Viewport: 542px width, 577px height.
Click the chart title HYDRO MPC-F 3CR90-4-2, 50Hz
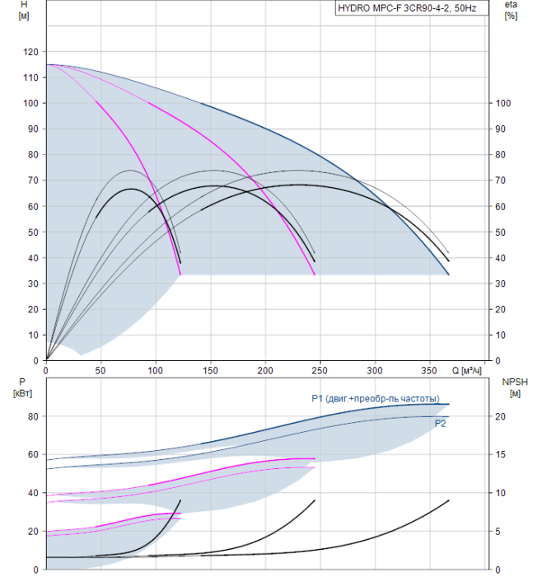407,8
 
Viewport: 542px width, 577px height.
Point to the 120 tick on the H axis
30,52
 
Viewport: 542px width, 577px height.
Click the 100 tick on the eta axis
503,103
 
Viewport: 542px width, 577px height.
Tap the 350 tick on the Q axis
429,370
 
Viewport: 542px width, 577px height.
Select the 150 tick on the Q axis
210,370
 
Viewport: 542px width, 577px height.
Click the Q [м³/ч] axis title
466,370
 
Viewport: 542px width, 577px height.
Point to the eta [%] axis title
512,10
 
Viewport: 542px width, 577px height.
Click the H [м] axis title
24,10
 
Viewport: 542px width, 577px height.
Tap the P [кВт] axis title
22,387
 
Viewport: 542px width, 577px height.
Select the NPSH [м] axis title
515,387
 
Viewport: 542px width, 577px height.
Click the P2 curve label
440,424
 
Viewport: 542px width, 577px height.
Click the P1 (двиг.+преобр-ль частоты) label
376,398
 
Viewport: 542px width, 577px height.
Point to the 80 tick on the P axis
34,416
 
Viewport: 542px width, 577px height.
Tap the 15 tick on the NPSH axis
500,454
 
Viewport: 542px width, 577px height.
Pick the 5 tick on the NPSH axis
498,532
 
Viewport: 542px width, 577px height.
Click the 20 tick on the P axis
34,532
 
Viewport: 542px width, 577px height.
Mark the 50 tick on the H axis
34,232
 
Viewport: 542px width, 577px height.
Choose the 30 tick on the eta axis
501,284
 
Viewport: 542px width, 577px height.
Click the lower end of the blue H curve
449,274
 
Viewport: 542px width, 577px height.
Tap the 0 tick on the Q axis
46,370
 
